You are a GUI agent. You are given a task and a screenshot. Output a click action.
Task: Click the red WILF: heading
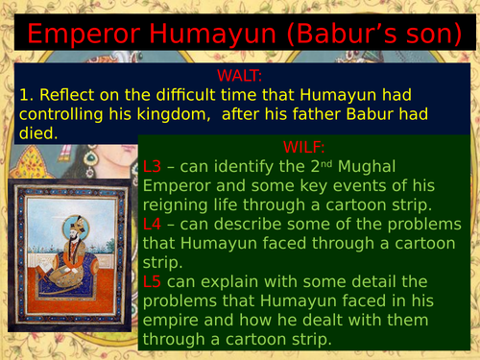tap(306, 147)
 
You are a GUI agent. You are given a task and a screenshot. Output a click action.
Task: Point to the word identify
tap(252, 166)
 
